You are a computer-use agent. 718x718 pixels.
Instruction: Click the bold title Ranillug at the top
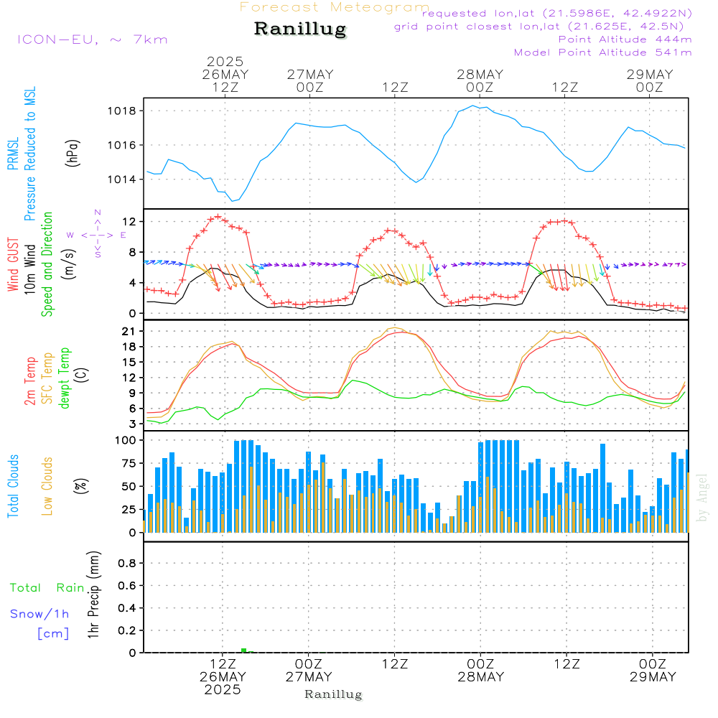click(300, 29)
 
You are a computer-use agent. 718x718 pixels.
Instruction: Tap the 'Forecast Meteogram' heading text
click(334, 7)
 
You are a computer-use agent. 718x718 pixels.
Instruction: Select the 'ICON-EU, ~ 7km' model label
click(92, 39)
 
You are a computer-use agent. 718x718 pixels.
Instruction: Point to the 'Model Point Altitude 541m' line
click(602, 52)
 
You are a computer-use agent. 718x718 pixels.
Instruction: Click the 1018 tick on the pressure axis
click(123, 111)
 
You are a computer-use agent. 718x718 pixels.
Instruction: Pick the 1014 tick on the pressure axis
click(123, 179)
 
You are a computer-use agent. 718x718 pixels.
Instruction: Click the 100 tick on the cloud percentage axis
click(126, 439)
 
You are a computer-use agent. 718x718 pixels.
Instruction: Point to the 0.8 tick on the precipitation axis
click(127, 564)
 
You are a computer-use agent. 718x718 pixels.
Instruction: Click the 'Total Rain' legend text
click(47, 587)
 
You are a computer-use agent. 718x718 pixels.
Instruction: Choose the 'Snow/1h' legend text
click(39, 614)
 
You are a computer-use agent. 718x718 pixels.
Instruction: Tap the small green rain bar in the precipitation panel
click(243, 650)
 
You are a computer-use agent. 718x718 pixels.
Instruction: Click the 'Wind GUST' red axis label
click(13, 265)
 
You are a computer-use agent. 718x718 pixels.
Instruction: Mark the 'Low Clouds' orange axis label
click(47, 485)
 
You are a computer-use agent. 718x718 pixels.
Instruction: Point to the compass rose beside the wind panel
click(97, 234)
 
